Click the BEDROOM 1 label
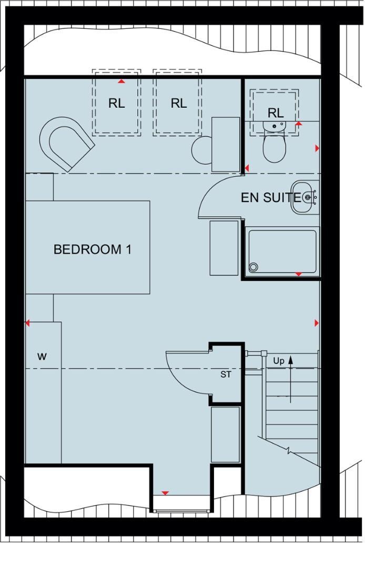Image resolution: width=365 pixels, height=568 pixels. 92,249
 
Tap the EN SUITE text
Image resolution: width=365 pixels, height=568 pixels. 271,198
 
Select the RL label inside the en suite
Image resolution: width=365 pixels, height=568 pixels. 275,113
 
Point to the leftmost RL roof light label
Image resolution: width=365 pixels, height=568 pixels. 117,104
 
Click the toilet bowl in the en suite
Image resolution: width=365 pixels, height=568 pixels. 273,147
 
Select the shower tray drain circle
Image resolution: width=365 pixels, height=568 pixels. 254,267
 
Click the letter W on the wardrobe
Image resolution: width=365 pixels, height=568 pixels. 42,357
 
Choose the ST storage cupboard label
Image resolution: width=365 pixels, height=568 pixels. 226,375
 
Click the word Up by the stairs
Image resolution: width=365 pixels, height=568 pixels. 279,361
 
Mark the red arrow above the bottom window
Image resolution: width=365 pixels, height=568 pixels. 165,493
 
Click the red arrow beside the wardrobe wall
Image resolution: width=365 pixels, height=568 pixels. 28,323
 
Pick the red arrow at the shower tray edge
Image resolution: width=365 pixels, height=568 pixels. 298,274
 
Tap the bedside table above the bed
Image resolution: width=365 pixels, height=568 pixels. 39,187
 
